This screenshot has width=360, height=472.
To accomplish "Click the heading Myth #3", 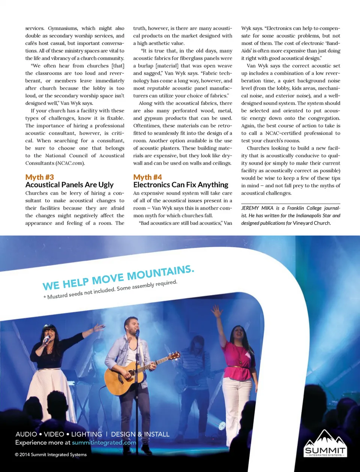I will pos(40,177).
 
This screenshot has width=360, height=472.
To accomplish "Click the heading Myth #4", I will pos(148,177).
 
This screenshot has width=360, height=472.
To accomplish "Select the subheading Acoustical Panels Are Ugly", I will pos(69,185).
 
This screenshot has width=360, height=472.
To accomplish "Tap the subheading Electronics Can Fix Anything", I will pos(181,185).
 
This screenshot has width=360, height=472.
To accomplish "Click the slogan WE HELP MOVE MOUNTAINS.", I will pos(118,278).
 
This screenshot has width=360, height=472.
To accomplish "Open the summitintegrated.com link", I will pos(104,443).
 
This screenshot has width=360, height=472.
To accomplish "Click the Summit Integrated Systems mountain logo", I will pos(325,444).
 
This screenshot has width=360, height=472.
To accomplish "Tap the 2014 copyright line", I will pos(51,455).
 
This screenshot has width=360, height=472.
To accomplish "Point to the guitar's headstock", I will pos(174,356).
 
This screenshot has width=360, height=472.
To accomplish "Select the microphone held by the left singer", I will pos(47,339).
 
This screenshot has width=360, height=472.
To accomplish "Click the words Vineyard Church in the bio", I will pos(312,223).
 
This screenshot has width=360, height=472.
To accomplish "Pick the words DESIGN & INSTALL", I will pos(140,435).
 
